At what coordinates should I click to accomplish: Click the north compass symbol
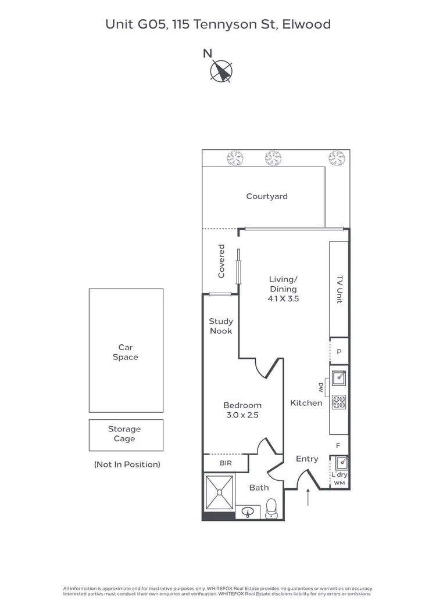[221, 71]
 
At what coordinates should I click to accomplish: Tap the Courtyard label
[267, 196]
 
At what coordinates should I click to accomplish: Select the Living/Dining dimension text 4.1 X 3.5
[283, 298]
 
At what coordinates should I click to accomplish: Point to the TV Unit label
[339, 289]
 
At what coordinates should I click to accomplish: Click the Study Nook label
[221, 326]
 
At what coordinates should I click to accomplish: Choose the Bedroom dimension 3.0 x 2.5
[242, 415]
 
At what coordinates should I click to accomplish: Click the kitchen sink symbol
[339, 378]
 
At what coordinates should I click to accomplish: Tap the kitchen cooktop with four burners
[339, 401]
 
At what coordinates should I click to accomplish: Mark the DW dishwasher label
[320, 387]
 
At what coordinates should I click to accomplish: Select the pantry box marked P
[339, 351]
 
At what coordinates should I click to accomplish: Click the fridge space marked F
[339, 445]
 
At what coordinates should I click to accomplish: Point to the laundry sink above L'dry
[340, 463]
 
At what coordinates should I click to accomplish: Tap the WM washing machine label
[339, 483]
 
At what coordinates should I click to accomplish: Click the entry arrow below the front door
[308, 497]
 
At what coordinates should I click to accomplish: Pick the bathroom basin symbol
[249, 512]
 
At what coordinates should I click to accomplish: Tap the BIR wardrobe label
[226, 463]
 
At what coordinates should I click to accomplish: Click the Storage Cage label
[124, 434]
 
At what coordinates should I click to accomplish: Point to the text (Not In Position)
[127, 464]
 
